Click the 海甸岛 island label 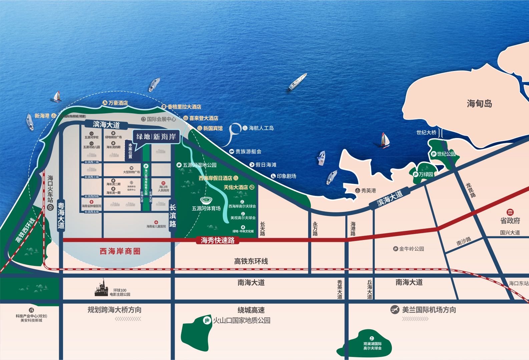point(479,104)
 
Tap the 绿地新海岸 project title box point(156,137)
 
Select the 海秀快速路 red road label point(217,240)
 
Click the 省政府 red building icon point(510,212)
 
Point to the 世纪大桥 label point(426,132)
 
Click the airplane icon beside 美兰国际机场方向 point(395,310)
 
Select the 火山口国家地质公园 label point(241,320)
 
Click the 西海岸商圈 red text point(120,251)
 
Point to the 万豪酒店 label point(118,103)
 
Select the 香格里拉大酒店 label point(184,107)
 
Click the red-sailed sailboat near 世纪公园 point(385,140)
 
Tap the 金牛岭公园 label point(411,249)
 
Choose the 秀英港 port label point(368,191)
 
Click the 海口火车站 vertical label point(50,189)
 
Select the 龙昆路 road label point(471,190)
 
